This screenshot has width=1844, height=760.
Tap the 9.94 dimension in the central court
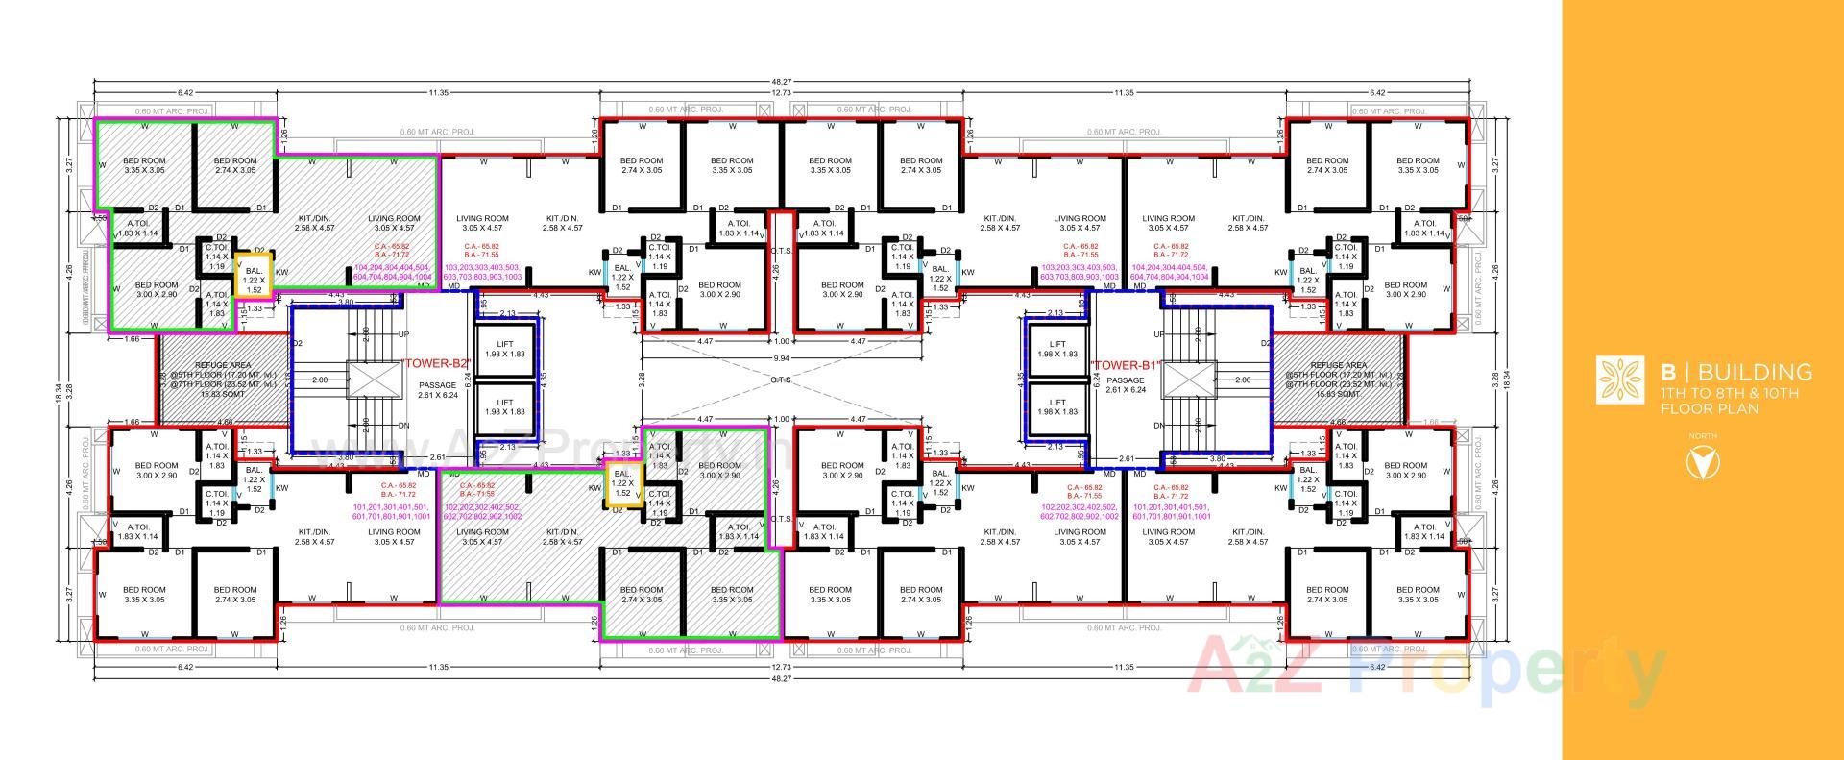pyautogui.click(x=782, y=357)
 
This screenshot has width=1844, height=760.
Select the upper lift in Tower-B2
pyautogui.click(x=504, y=349)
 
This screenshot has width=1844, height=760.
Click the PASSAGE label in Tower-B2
pyautogui.click(x=437, y=385)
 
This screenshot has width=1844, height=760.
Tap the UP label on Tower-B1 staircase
pyautogui.click(x=1160, y=334)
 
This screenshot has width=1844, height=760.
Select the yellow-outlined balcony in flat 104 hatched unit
pyautogui.click(x=254, y=275)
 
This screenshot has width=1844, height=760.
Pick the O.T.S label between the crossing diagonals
pyautogui.click(x=780, y=380)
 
